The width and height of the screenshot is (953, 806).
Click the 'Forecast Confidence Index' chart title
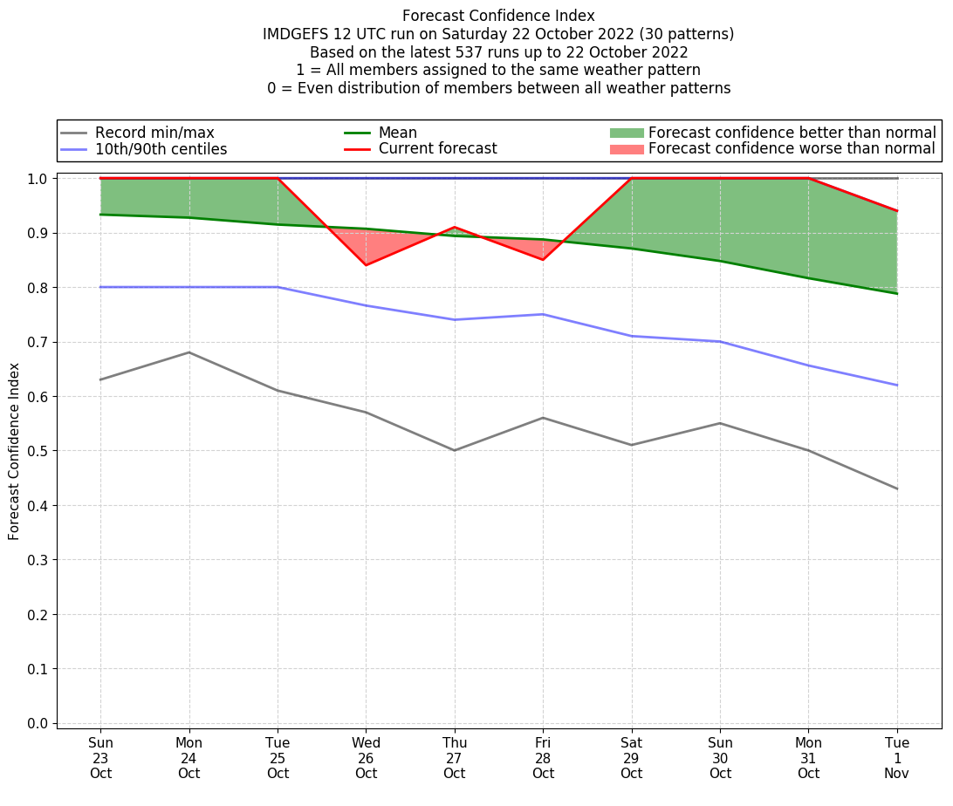tap(498, 16)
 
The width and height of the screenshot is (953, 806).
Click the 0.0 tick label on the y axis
tap(38, 723)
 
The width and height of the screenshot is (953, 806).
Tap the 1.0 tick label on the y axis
tap(38, 179)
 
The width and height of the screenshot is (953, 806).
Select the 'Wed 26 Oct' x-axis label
tap(366, 758)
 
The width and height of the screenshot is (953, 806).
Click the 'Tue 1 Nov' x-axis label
tap(897, 758)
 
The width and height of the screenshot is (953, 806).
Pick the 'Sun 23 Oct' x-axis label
tap(100, 758)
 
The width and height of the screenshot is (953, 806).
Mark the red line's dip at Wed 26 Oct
tap(366, 265)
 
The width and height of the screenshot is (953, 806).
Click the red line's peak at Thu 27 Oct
tap(455, 227)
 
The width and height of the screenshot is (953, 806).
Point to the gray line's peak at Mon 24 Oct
tap(189, 352)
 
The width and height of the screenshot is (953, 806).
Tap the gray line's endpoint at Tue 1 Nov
tap(897, 488)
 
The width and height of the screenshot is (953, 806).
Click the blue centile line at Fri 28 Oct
tap(543, 314)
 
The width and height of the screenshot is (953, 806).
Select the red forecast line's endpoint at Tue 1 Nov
tap(897, 211)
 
